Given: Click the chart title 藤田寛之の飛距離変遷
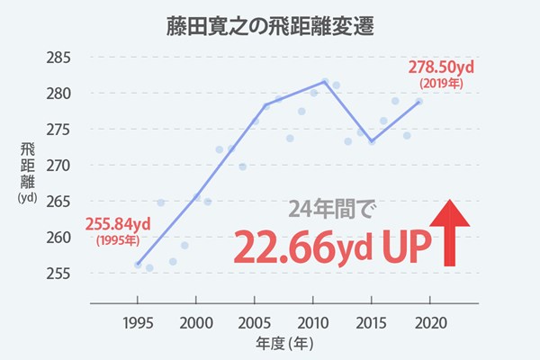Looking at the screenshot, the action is tap(270, 26).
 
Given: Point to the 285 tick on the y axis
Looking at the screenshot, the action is tap(58, 58).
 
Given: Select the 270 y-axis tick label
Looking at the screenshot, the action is tap(58, 166).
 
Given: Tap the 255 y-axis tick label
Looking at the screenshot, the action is tap(58, 274).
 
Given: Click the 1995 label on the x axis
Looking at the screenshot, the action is tap(138, 323).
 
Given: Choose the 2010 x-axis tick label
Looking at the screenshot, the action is tap(312, 323).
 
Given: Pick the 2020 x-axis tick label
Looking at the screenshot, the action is tap(430, 323).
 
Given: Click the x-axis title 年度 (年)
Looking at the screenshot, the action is tap(284, 344).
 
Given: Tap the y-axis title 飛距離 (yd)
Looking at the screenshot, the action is tap(27, 172).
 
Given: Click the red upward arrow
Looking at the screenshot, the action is tap(449, 233).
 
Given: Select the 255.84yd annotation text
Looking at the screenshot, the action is tap(118, 224).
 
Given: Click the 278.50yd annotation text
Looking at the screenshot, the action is tap(441, 67).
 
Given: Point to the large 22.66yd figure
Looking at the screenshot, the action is tap(303, 247).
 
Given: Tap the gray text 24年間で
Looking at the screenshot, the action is tap(332, 209).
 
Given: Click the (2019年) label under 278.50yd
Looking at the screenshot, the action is tap(441, 84).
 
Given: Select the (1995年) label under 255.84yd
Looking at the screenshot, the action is tap(118, 240).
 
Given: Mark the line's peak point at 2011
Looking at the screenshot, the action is tap(325, 82).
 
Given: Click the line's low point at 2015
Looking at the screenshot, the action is tap(372, 141).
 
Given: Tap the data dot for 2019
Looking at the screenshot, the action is tap(419, 102).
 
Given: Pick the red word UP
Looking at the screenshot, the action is tap(407, 247).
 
